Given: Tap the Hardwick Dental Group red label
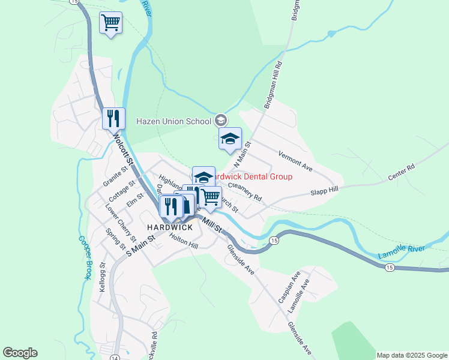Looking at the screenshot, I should coord(255,177).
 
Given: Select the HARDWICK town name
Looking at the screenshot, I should coord(169,227).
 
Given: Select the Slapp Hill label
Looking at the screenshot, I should coord(324,191).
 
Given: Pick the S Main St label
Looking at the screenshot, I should coord(140,245).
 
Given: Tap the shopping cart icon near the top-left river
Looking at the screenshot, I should coord(110,23).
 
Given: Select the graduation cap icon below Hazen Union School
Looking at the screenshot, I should coord(229,139).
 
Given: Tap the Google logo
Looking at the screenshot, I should coord(20,353).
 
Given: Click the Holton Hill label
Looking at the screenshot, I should coord(184,242).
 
